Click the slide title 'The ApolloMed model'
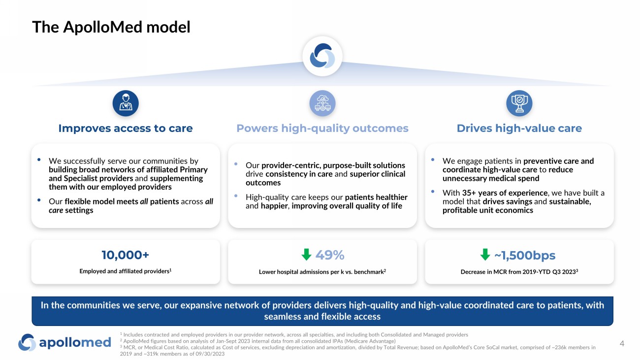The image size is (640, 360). (x=111, y=27)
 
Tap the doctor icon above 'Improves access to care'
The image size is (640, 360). (x=126, y=103)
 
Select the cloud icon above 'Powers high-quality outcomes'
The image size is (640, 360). (x=322, y=103)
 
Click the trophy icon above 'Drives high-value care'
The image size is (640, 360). (x=519, y=103)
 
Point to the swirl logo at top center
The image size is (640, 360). (x=322, y=56)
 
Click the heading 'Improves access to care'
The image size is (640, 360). (x=126, y=129)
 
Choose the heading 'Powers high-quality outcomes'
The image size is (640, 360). (x=322, y=129)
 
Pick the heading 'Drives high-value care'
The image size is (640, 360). (x=519, y=129)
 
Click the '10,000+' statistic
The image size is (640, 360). (x=126, y=255)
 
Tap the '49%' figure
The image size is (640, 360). (x=329, y=255)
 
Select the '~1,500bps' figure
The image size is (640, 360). (x=525, y=256)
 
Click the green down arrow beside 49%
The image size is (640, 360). (x=306, y=255)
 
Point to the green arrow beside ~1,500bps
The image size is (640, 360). (x=485, y=255)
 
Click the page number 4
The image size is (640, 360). (x=622, y=344)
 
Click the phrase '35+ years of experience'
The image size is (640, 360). (x=505, y=193)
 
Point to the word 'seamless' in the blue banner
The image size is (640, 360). (x=282, y=316)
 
